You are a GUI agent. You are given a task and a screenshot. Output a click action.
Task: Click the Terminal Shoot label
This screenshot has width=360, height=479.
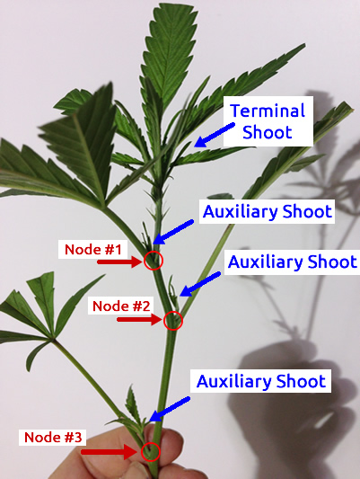[x=268, y=121]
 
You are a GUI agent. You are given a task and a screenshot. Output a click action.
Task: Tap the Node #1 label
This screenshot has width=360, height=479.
[x=93, y=249]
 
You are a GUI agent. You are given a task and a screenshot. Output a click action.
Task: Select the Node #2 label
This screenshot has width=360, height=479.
[x=121, y=306]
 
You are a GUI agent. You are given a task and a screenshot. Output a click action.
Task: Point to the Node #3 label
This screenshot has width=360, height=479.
[x=53, y=437]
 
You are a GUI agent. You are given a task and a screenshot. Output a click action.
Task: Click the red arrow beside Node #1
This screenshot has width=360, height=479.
[x=119, y=262]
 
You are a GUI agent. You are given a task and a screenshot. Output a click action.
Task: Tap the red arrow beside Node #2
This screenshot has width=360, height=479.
[x=139, y=320]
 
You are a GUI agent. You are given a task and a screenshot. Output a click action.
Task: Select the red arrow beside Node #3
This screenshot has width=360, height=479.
[x=110, y=452]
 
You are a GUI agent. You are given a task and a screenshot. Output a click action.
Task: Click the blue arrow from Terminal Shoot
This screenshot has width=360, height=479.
[x=215, y=135]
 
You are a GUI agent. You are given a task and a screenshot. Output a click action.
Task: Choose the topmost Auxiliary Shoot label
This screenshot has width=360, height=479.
[x=267, y=211]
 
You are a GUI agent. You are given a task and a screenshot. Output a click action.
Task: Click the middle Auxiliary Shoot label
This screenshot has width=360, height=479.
[x=293, y=262]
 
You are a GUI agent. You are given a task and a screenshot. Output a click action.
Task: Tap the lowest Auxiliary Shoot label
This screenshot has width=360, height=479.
[x=260, y=381]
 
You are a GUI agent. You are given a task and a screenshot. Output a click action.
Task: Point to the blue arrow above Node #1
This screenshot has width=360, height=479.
[x=173, y=232]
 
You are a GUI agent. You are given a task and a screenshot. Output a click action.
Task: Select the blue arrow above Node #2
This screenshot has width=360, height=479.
[x=200, y=284]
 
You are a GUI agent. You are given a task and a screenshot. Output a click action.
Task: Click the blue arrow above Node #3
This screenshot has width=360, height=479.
[x=170, y=409]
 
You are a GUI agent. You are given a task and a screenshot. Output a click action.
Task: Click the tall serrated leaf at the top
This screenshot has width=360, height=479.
[x=170, y=55]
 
